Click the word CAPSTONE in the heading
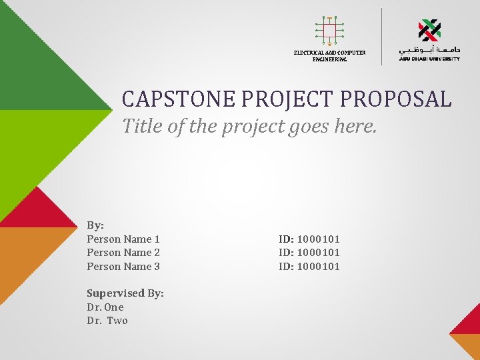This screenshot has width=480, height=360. point(179,99)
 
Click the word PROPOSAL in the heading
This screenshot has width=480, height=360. point(395,99)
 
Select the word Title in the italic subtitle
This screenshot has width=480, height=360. point(143,126)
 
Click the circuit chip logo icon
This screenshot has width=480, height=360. point(329,30)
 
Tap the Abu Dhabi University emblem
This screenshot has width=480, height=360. point(429,30)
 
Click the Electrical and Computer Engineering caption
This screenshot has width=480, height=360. point(329,56)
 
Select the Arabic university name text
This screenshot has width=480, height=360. point(429,50)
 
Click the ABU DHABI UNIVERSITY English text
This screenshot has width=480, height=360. point(429,59)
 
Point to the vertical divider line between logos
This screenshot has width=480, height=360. point(381,36)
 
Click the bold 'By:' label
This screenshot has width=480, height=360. point(95,225)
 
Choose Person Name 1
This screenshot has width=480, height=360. point(123,239)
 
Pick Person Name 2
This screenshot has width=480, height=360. point(123,253)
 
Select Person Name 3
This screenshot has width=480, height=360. point(123,267)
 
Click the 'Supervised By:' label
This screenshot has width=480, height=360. point(125,293)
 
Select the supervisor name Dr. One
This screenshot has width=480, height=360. point(105,307)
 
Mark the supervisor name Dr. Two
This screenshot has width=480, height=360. point(107,321)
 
